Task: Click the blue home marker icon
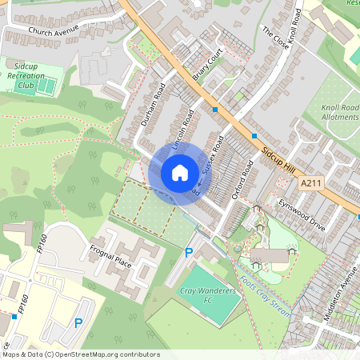(x=180, y=172)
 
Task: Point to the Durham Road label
(x=152, y=105)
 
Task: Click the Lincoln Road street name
(x=183, y=130)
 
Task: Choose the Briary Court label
(x=206, y=67)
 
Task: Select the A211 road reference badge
(x=313, y=183)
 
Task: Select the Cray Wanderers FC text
(x=206, y=296)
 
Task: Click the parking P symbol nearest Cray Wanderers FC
(x=189, y=253)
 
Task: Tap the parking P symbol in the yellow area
(x=78, y=323)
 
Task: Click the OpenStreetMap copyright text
(x=80, y=354)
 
